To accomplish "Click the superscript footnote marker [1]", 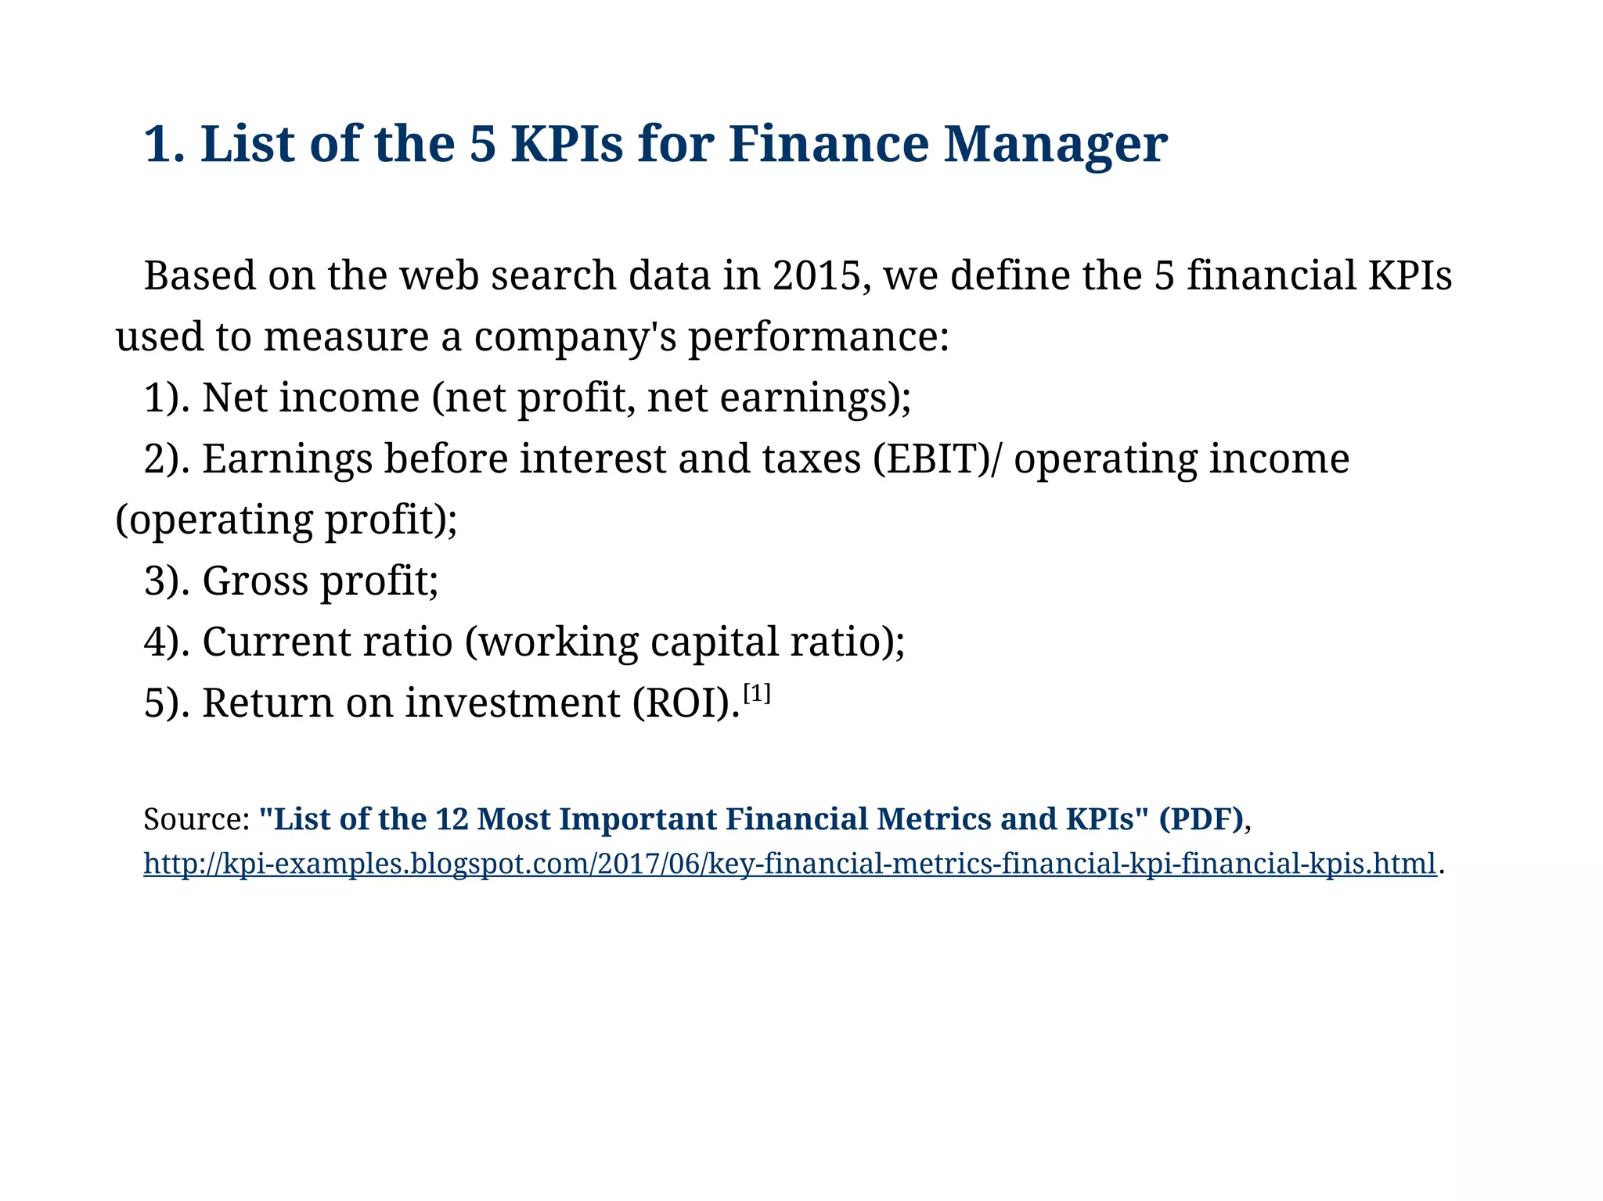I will pos(757,693).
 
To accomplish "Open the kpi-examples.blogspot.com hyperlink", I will pos(789,864).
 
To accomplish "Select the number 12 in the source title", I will pos(452,820).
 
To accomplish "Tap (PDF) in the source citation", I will pos(1201,820).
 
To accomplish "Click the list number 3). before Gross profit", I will pos(166,581).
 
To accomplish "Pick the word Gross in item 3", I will pos(255,581).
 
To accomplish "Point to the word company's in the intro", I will pos(575,337).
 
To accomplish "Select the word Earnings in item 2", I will pos(287,459).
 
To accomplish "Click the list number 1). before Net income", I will pos(166,398).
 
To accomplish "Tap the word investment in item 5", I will pos(513,703).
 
